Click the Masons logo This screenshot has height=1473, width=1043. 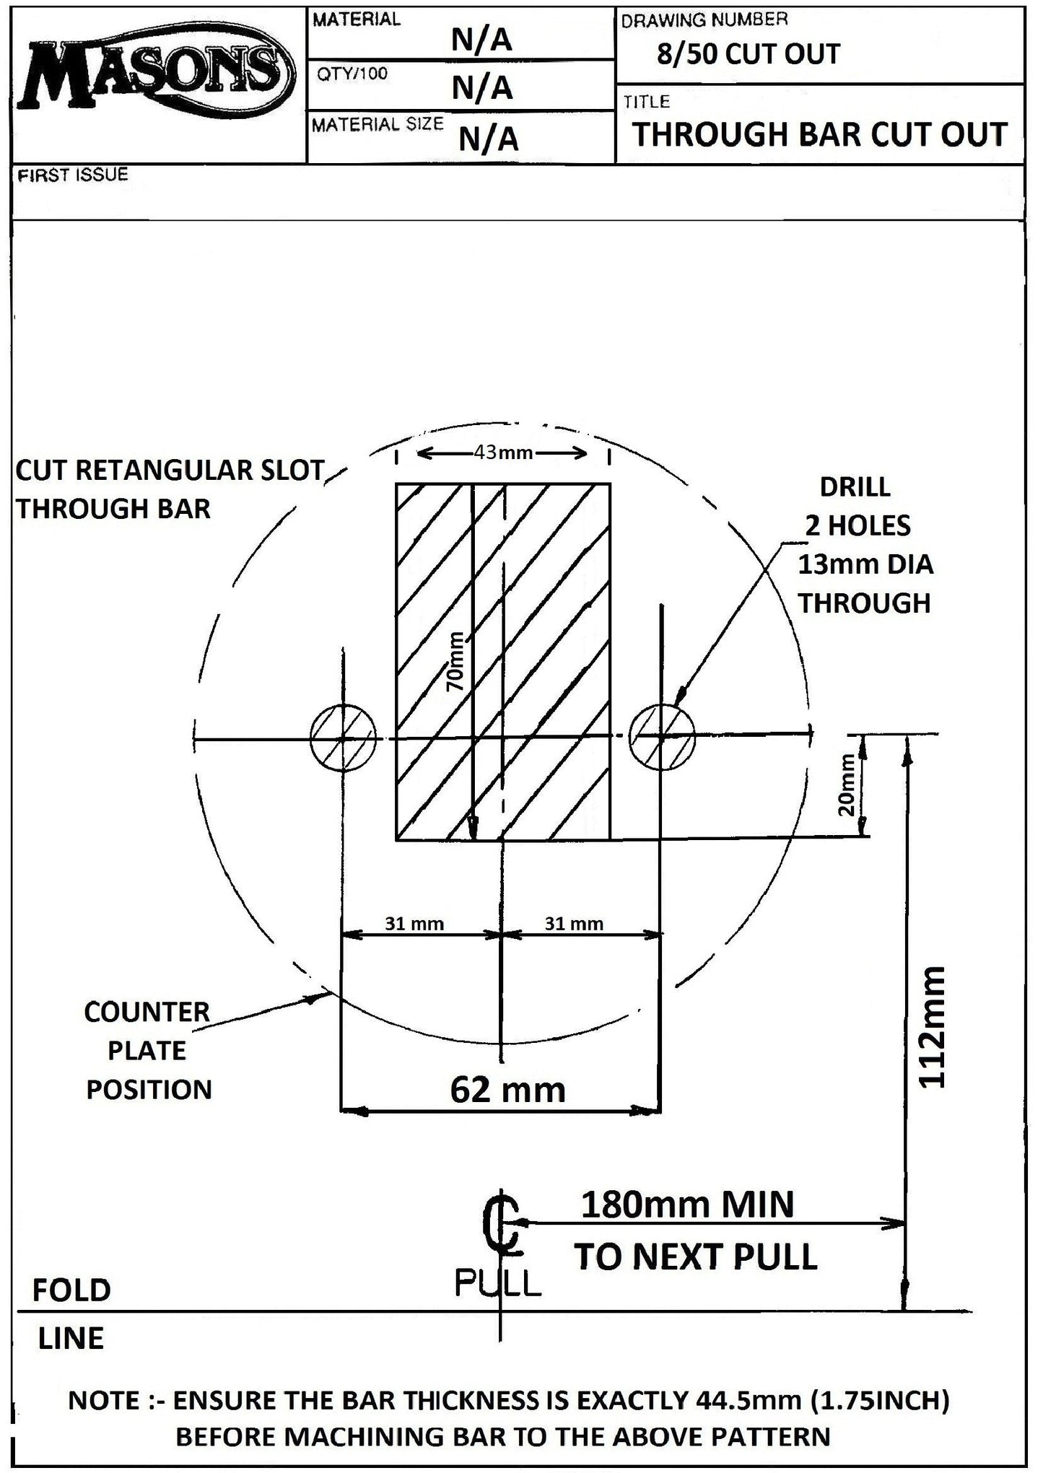[x=153, y=78]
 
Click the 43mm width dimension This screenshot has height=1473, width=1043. [x=503, y=453]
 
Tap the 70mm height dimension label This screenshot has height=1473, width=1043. [x=456, y=662]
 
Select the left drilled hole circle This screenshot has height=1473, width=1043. [x=344, y=738]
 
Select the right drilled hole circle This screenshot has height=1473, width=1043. [x=662, y=737]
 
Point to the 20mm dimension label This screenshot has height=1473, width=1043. [x=847, y=784]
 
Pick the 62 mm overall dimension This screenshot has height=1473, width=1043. [x=507, y=1089]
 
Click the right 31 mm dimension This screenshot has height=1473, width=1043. [x=574, y=923]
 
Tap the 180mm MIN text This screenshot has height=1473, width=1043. [x=687, y=1205]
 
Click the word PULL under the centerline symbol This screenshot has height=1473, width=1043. [x=498, y=1283]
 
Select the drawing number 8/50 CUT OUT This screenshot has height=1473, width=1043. [x=749, y=54]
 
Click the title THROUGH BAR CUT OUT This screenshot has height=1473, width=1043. [x=819, y=134]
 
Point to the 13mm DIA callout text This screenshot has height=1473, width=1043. [x=865, y=564]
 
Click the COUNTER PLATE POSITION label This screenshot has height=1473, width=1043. [x=148, y=1050]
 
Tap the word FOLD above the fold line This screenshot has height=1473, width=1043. [x=71, y=1290]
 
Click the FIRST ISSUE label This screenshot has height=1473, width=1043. [x=72, y=175]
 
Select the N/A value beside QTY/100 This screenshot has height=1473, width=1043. [x=482, y=88]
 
